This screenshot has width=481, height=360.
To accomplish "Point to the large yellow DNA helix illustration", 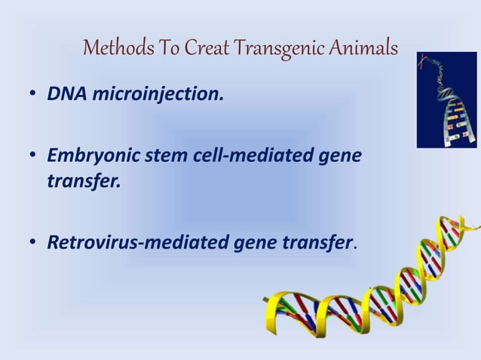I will (x=377, y=286).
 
